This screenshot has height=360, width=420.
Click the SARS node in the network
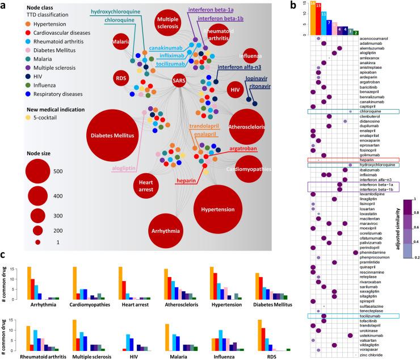click(x=178, y=82)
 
